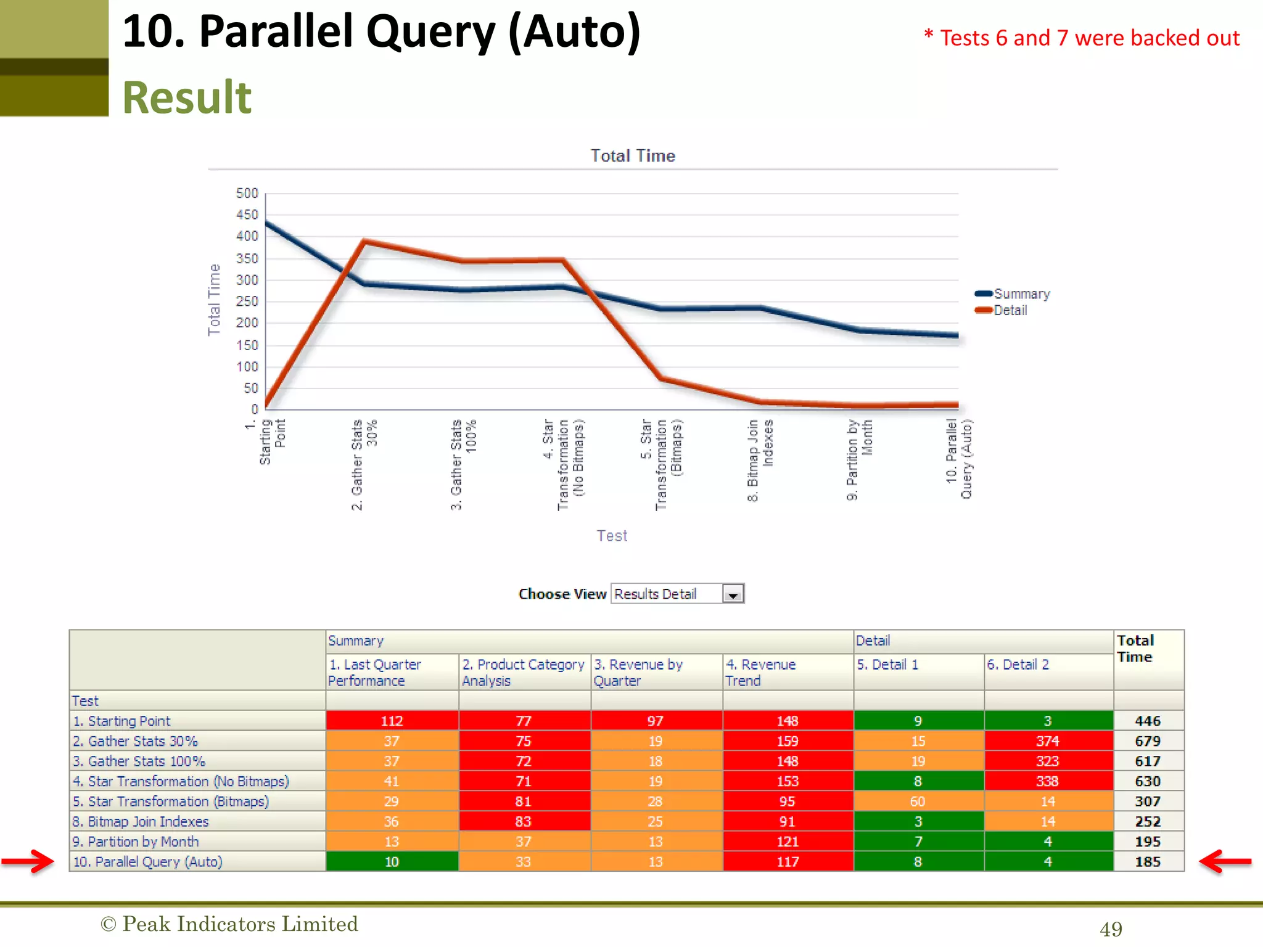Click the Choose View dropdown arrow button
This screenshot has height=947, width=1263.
[733, 594]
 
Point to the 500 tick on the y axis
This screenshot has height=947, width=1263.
[247, 194]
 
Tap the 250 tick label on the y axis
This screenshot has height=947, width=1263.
[247, 301]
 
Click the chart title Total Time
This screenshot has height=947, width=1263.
[633, 156]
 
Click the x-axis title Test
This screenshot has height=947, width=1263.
[612, 536]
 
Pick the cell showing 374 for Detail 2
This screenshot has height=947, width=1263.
[1048, 741]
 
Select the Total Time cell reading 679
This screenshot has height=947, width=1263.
[1148, 741]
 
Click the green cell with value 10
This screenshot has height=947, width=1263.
[392, 862]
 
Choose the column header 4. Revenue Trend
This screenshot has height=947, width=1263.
[761, 673]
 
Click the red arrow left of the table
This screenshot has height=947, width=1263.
[28, 861]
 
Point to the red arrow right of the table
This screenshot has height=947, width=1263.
[1225, 861]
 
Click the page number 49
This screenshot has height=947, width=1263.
[1111, 929]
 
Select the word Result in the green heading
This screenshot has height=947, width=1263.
[187, 97]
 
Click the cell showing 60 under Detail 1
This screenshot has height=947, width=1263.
[918, 801]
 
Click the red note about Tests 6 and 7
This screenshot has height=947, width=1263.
[1082, 38]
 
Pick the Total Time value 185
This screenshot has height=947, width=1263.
[1148, 862]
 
